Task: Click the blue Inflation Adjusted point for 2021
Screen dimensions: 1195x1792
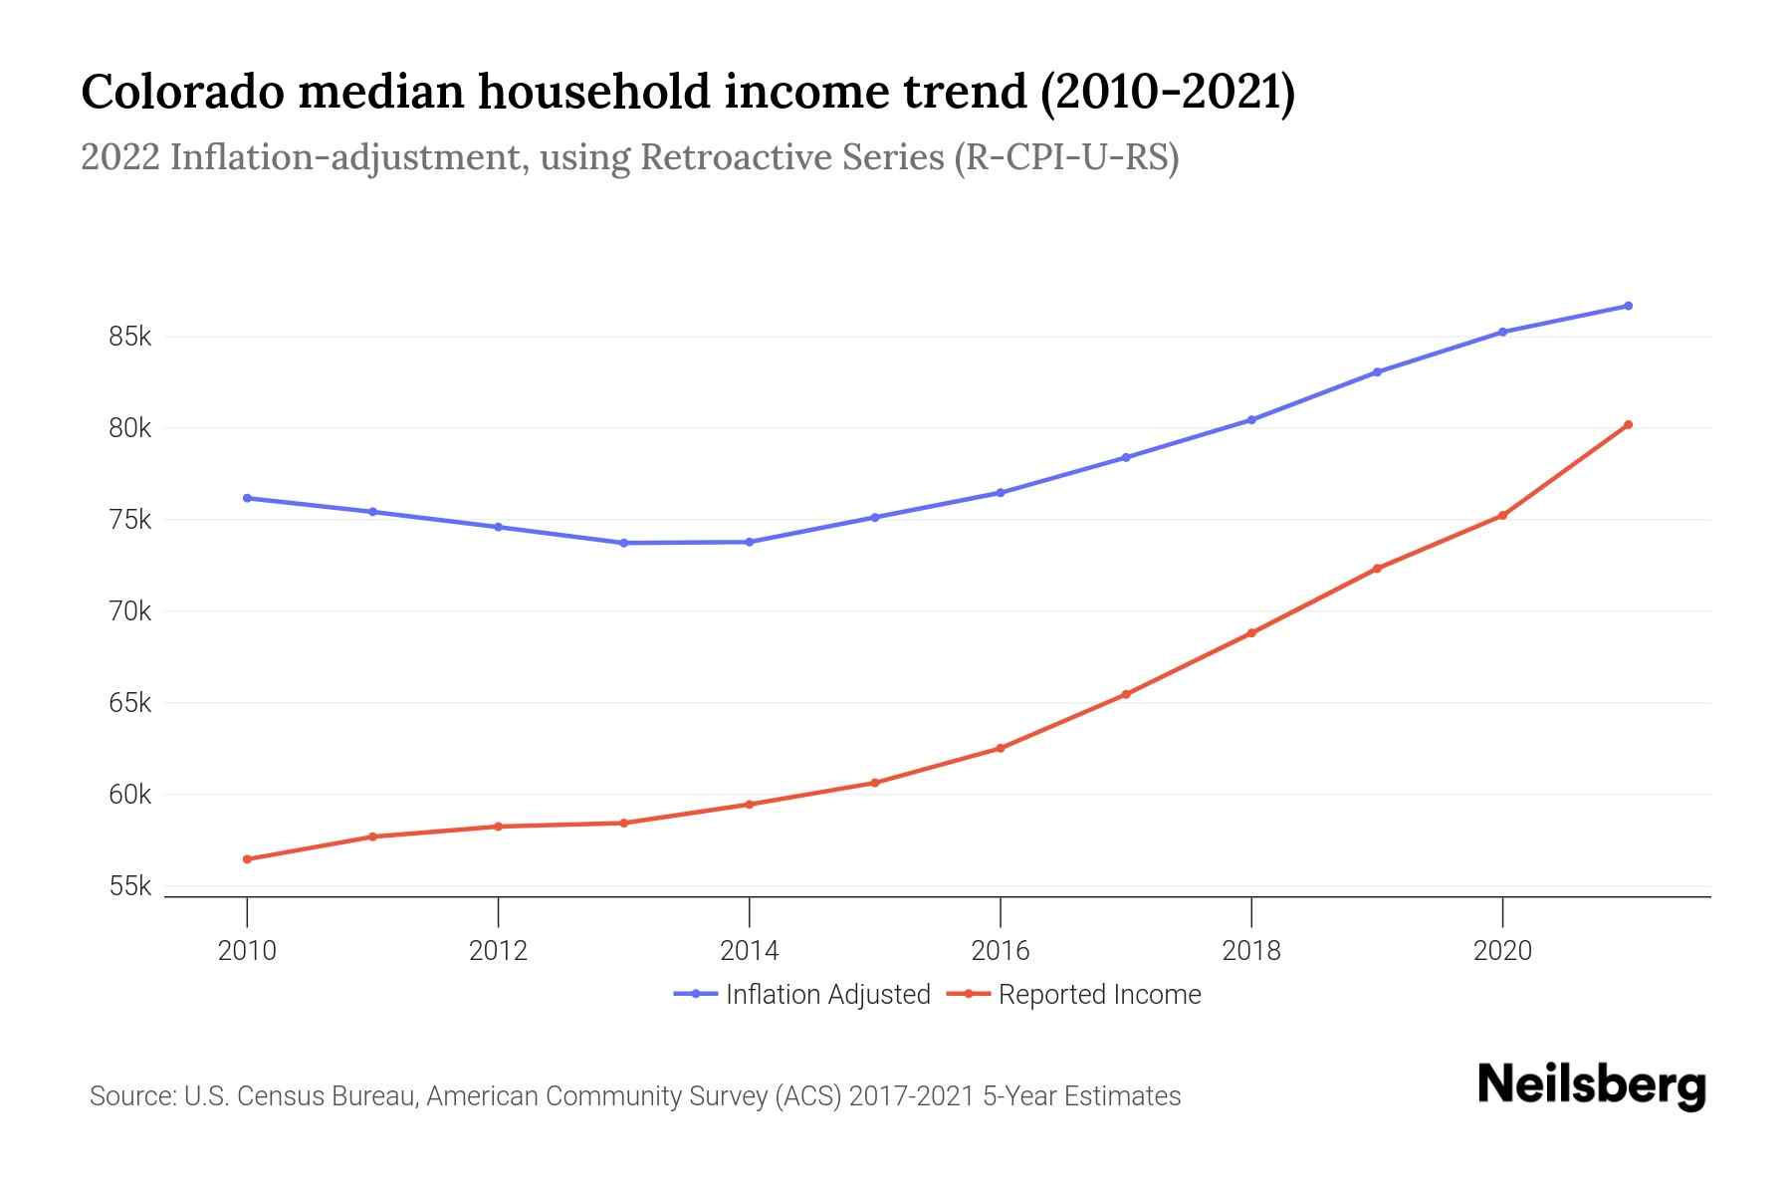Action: [x=1628, y=306]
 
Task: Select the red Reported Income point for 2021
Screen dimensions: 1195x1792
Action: [x=1628, y=425]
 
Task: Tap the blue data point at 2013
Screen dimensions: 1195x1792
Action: [x=623, y=543]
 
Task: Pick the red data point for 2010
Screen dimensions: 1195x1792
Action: [x=247, y=858]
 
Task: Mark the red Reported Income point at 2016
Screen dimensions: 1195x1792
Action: [x=1001, y=748]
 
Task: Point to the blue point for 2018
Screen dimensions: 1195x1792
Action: [x=1251, y=420]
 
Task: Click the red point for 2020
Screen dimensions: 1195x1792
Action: [x=1502, y=516]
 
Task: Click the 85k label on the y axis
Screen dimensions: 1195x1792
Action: [x=129, y=337]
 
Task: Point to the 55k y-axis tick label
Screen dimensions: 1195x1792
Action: [x=129, y=886]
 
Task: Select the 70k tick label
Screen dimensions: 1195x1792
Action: [x=129, y=611]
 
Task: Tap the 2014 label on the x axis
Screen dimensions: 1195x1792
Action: [x=749, y=950]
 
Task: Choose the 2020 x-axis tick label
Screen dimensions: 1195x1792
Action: [x=1502, y=950]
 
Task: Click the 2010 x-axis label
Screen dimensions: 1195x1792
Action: [x=247, y=950]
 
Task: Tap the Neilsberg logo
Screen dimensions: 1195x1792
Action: [x=1591, y=1084]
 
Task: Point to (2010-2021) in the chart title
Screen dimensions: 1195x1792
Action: [x=1167, y=92]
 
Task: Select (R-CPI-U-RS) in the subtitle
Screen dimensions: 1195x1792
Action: [x=1066, y=157]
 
